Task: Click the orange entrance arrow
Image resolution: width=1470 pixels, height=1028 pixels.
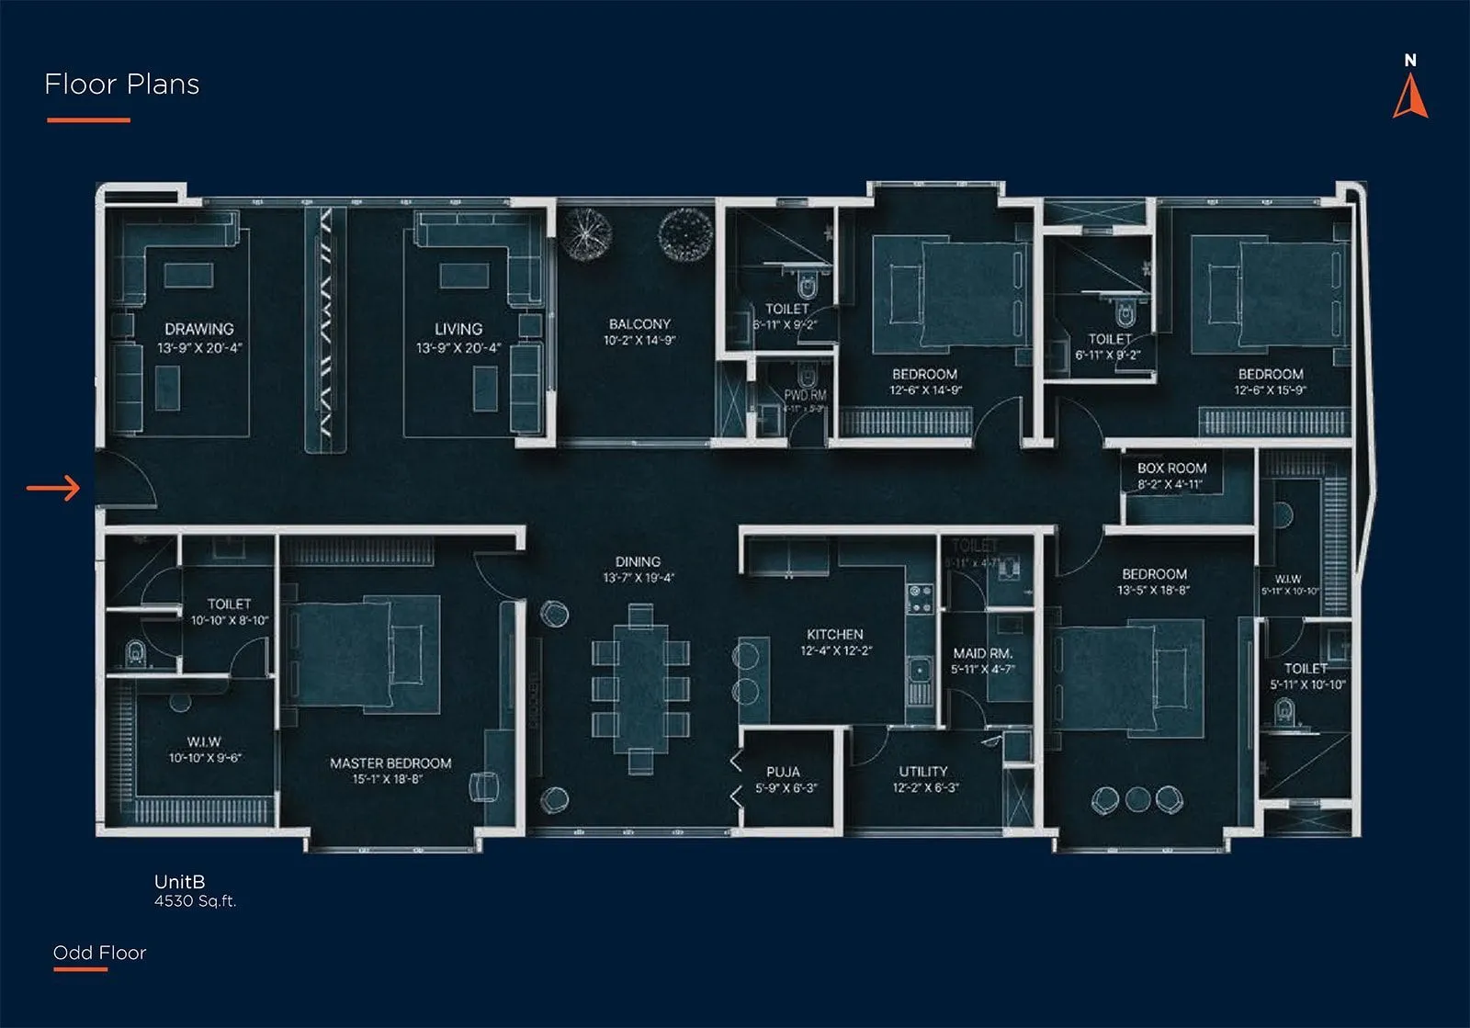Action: pos(53,488)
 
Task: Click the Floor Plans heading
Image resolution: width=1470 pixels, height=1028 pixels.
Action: pos(122,85)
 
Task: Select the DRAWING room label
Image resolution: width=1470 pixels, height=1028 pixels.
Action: pos(199,329)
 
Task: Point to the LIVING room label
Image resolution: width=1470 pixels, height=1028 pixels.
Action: pos(458,329)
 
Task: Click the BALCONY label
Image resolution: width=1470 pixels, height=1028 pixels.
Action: pos(639,324)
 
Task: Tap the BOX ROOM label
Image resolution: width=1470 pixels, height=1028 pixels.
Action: pos(1171,468)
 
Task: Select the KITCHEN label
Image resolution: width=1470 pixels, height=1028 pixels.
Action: pos(834,634)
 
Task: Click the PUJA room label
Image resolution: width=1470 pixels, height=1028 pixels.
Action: pos(783,772)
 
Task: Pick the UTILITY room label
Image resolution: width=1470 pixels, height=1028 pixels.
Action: pos(922,772)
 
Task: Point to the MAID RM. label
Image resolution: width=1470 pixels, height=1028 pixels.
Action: pos(982,653)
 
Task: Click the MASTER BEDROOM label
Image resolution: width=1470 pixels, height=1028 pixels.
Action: pos(390,763)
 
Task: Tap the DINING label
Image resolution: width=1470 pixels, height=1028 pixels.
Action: pos(638,561)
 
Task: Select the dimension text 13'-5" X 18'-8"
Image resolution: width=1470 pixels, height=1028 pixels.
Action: pos(1153,590)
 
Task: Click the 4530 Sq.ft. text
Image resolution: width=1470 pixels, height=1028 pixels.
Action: pos(195,901)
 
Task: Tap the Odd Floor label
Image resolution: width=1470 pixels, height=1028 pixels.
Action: pos(99,953)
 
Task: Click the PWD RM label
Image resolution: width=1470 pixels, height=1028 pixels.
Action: pos(805,395)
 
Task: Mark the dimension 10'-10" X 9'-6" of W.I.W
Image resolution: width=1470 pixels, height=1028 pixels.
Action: pos(204,758)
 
